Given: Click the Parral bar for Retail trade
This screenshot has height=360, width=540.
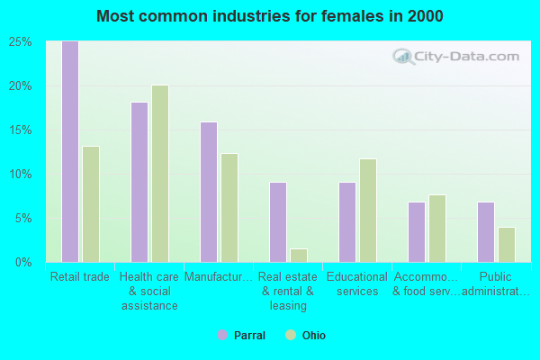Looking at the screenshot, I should tap(69, 151).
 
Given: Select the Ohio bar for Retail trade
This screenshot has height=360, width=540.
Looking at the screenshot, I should tap(91, 204).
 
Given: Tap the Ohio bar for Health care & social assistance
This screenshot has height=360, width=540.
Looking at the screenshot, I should tap(160, 174).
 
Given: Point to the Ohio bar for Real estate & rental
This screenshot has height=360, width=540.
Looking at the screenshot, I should tap(299, 256).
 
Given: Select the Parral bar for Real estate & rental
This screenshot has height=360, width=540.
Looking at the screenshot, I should tap(278, 222).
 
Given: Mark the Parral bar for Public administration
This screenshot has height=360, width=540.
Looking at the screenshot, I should tap(486, 232).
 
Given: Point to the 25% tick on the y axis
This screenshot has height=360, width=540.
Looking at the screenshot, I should tap(22, 42).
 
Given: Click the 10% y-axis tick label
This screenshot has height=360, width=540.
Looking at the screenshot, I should tap(22, 175).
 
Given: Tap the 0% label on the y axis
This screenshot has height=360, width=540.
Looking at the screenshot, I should tap(24, 263).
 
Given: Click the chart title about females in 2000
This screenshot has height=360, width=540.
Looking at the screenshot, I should tap(270, 16).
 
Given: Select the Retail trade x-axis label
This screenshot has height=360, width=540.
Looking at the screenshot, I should tap(80, 277).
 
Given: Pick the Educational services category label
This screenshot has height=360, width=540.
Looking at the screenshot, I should tap(357, 283).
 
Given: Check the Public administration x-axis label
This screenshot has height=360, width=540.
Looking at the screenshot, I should tap(496, 283).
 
